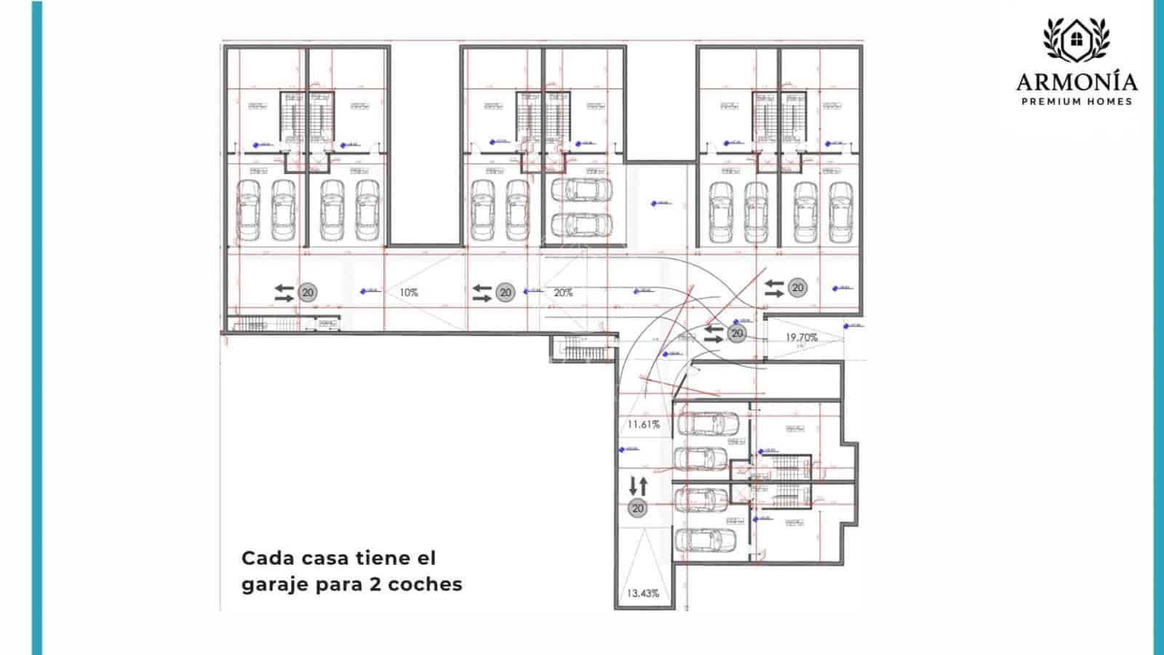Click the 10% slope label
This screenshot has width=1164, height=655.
pyautogui.click(x=409, y=293)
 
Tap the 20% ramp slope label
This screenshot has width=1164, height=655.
pyautogui.click(x=563, y=293)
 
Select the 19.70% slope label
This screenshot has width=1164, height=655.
pyautogui.click(x=801, y=338)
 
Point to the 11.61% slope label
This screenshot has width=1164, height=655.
pyautogui.click(x=643, y=424)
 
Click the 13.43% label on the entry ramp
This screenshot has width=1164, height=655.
pyautogui.click(x=642, y=593)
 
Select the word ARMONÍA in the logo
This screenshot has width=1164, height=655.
pyautogui.click(x=1077, y=82)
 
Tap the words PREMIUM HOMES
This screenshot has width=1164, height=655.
pyautogui.click(x=1077, y=101)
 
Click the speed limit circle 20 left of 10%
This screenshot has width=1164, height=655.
pyautogui.click(x=308, y=293)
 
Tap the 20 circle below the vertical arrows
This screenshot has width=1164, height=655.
pyautogui.click(x=638, y=508)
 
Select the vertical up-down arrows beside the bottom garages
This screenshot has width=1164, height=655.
pyautogui.click(x=638, y=485)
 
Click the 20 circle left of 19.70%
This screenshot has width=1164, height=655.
pyautogui.click(x=737, y=333)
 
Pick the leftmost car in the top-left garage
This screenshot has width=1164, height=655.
pyautogui.click(x=248, y=211)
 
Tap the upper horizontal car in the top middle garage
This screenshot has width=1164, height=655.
pyautogui.click(x=582, y=191)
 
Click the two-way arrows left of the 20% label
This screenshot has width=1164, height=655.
pyautogui.click(x=482, y=293)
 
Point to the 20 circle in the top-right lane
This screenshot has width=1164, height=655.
pyautogui.click(x=798, y=287)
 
